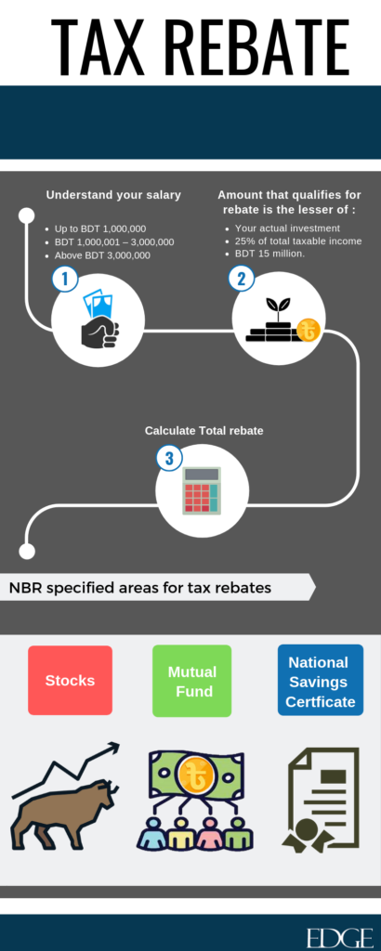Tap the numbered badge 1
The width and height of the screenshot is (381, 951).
65,279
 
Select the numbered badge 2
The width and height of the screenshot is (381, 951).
241,279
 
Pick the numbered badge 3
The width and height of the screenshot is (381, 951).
169,458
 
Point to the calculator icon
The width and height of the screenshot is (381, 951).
202,491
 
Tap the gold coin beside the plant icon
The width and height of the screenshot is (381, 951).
309,332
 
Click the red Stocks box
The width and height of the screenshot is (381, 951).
71,681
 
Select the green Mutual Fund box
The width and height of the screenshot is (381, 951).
191,681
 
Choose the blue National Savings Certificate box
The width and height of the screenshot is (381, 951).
321,680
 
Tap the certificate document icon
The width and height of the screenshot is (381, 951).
321,798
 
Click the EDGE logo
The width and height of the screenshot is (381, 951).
339,937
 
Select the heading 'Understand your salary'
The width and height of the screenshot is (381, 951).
113,195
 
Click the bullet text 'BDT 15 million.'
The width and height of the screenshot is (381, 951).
270,254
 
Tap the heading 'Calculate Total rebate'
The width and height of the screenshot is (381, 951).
204,431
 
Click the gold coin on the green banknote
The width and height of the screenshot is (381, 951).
194,776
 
